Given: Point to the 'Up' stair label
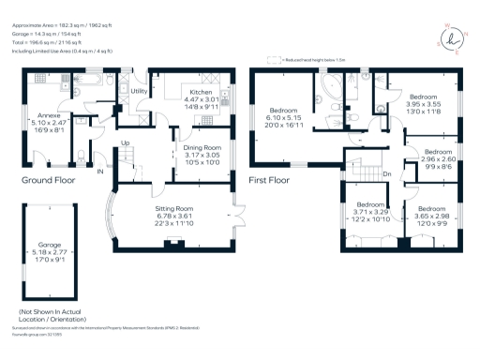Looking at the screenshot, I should click(x=124, y=142).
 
